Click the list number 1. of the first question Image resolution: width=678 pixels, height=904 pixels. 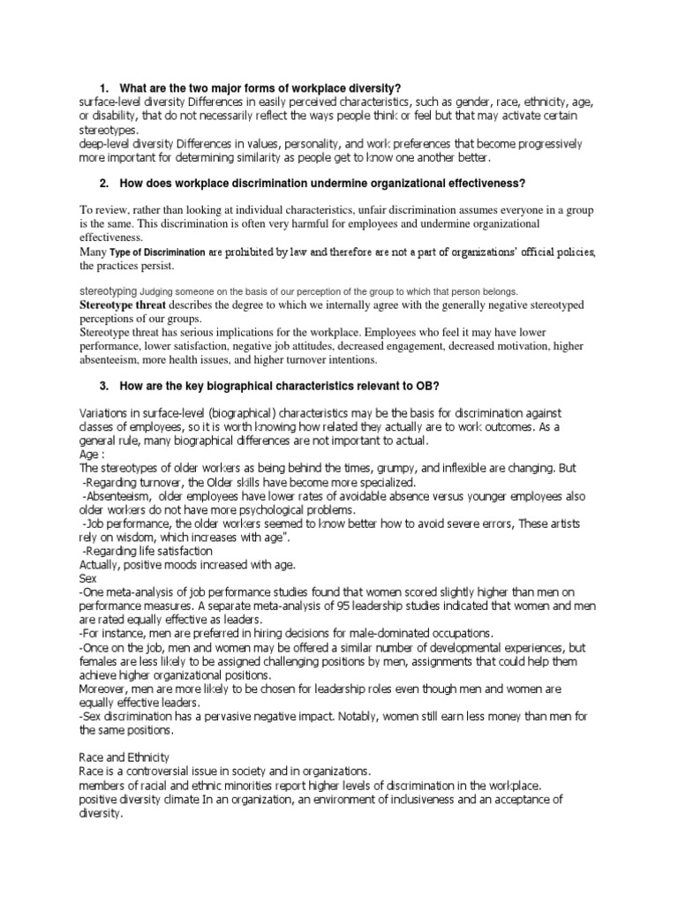104,89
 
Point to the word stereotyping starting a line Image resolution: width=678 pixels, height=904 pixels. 108,290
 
